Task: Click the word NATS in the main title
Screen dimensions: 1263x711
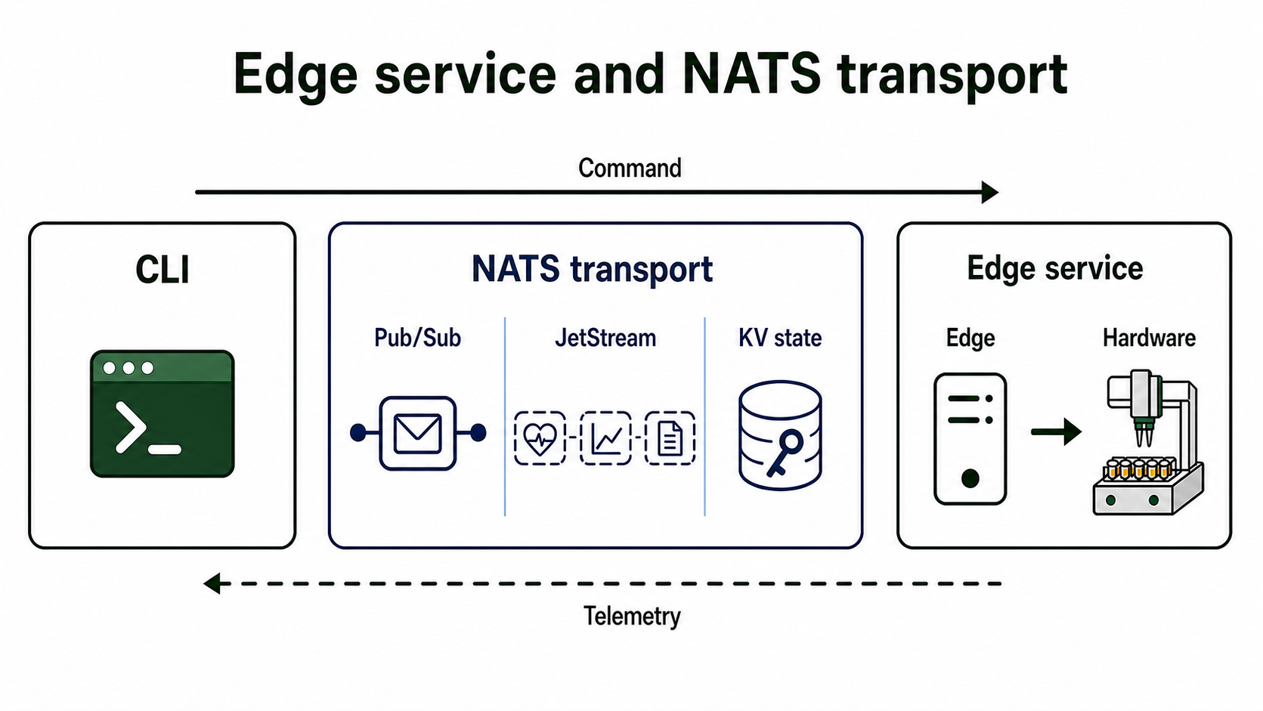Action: pos(751,74)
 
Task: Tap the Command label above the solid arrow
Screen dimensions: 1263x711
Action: pos(630,168)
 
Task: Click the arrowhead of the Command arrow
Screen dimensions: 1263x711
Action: pos(990,192)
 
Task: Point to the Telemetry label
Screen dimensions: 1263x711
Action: pos(632,617)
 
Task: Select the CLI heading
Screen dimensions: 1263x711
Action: pos(163,270)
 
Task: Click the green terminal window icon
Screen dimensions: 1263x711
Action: pos(163,414)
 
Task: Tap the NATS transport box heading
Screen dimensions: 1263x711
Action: pos(592,269)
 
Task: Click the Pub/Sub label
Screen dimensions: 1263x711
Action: pos(418,338)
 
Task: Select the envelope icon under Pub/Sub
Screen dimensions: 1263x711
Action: pos(418,433)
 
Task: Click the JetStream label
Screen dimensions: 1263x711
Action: pos(605,338)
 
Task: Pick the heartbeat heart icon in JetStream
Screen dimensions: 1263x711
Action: pos(540,438)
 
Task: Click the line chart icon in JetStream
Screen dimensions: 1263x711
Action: pos(605,438)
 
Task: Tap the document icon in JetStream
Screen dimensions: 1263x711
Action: pos(670,438)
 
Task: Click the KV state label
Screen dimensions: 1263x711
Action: pos(780,338)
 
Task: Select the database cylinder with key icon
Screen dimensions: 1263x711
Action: pos(780,436)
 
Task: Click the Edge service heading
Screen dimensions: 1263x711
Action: pos(1055,267)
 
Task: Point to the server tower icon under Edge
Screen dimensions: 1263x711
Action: pos(970,439)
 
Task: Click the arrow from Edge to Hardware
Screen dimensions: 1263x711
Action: pos(1056,432)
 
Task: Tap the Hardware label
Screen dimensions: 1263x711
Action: pos(1149,338)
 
